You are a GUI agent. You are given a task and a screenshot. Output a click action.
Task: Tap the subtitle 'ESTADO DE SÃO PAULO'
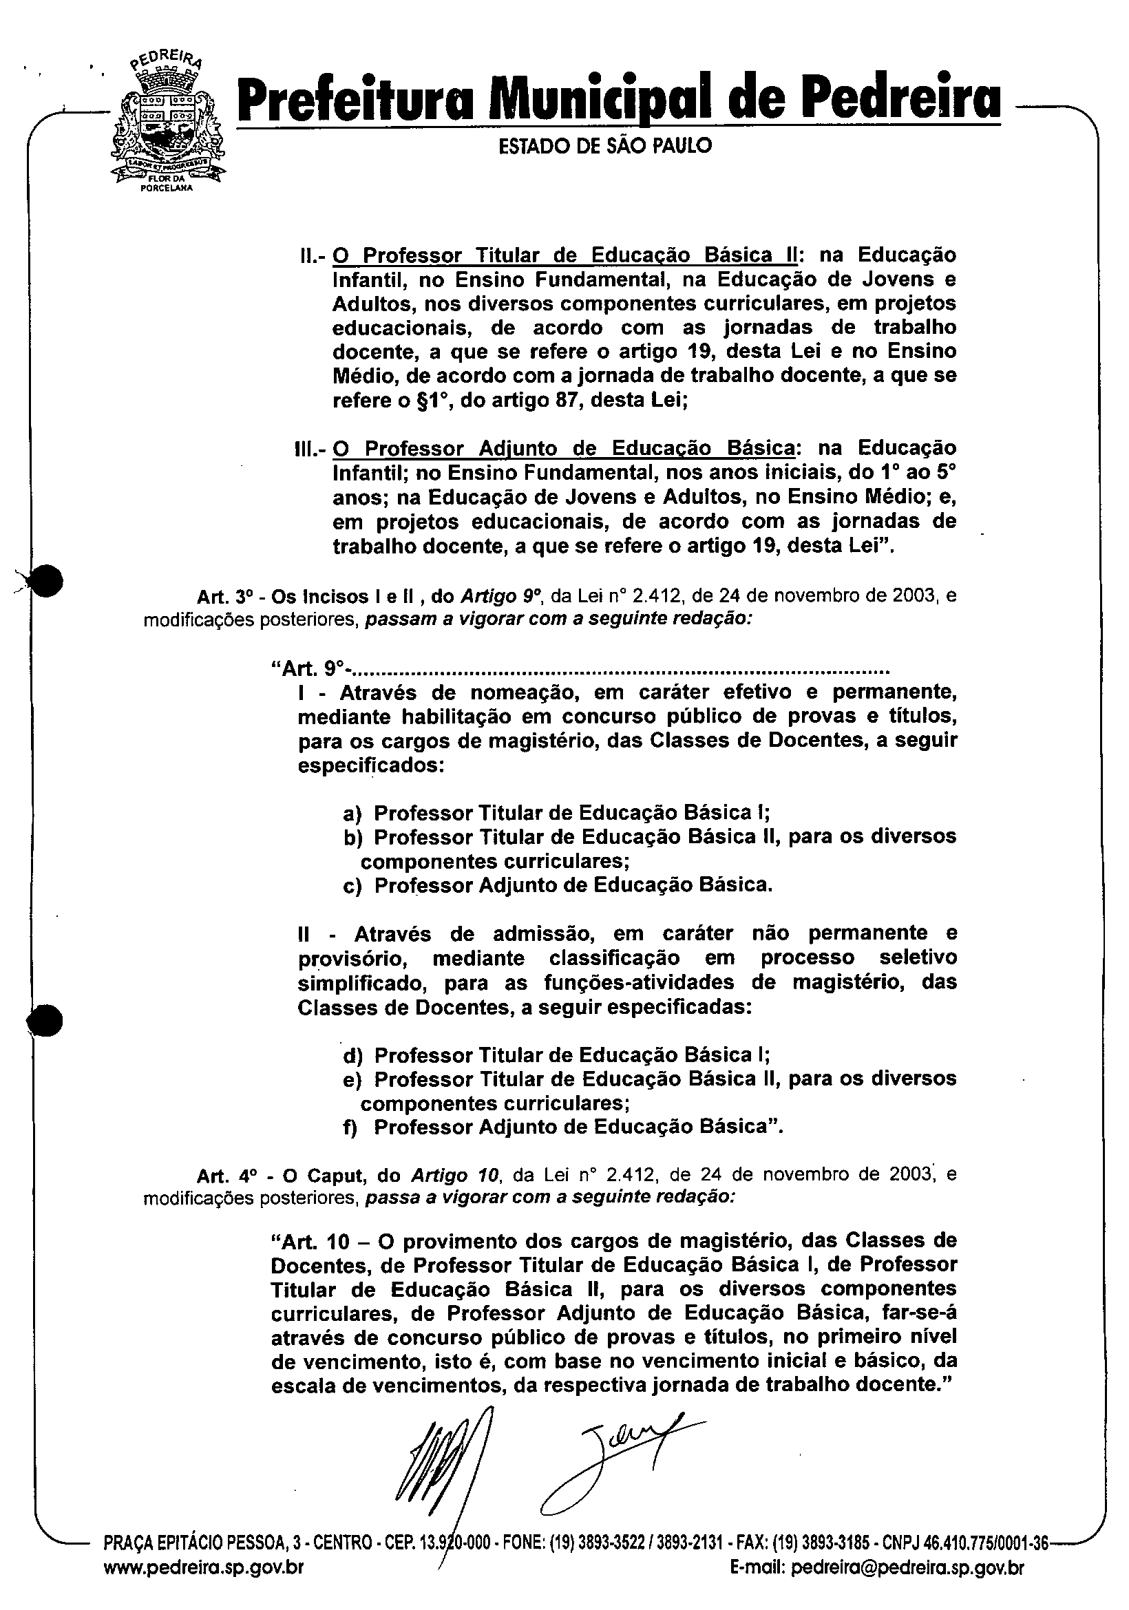coord(604,146)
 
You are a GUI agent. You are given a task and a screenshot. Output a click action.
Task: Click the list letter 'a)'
coord(351,814)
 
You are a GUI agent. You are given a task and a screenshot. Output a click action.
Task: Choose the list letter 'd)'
coord(351,1056)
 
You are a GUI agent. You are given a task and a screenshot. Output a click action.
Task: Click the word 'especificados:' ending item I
coord(371,765)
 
